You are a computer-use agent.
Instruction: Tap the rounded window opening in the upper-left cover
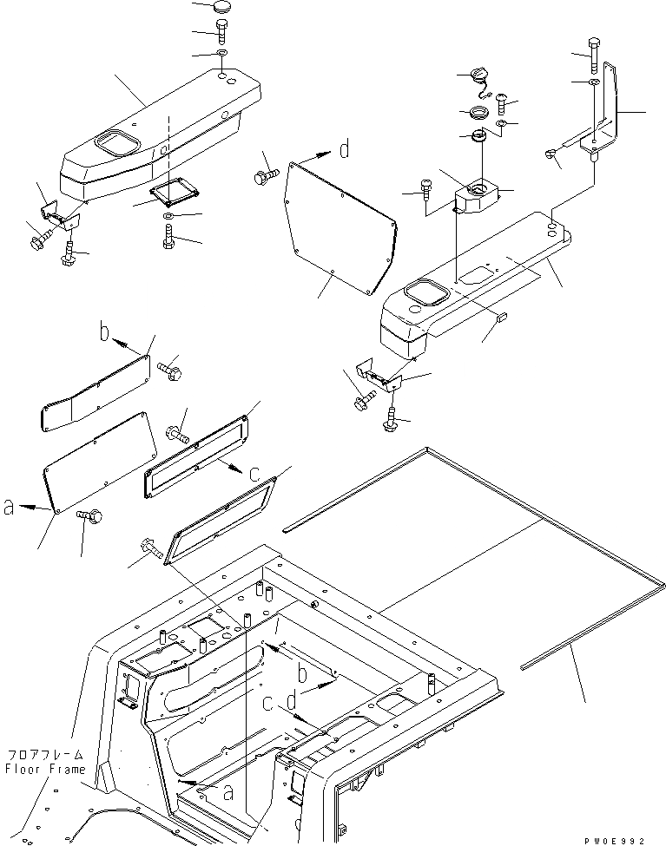(x=113, y=140)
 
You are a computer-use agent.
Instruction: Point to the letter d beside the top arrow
(x=345, y=150)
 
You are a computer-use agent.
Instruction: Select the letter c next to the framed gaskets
(x=253, y=474)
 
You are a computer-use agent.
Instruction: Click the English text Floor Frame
(x=45, y=770)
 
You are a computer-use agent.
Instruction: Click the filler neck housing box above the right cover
(x=478, y=194)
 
